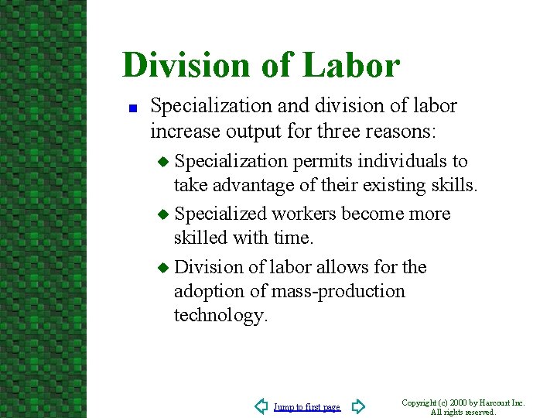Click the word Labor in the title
coord(351,65)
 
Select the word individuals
coord(403,161)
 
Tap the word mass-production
coord(339,291)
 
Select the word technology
coord(220,315)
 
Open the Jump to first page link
coord(307,407)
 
